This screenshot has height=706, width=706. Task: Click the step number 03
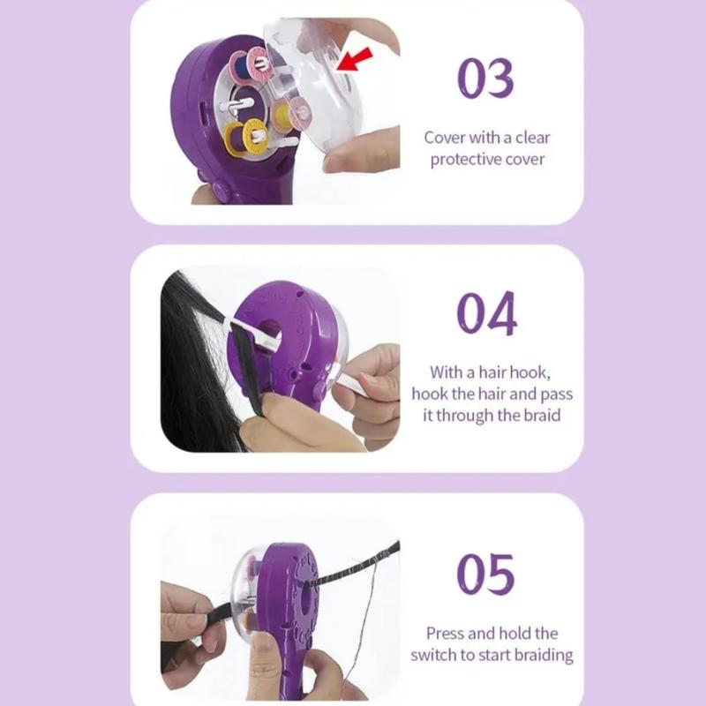(485, 78)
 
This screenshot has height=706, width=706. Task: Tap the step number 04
(486, 313)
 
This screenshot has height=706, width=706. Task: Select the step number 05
(485, 575)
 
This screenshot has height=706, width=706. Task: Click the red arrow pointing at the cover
(355, 59)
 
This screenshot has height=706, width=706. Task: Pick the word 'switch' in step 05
(432, 655)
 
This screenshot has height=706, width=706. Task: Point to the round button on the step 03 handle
(222, 191)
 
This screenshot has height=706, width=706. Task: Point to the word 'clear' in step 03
(533, 138)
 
